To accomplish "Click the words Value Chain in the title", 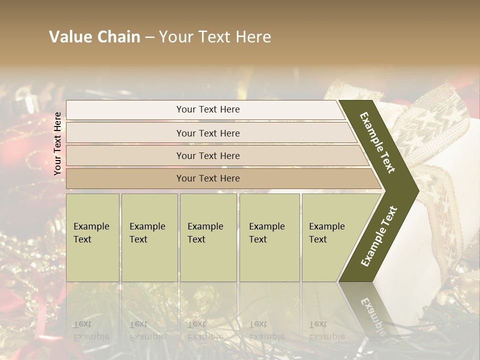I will (x=94, y=37).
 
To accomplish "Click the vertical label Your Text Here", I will (x=57, y=143).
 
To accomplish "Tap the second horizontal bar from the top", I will (x=208, y=133).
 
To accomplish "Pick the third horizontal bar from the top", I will (x=208, y=155).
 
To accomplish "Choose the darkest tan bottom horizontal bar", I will (x=208, y=178).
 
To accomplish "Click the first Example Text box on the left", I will (x=92, y=237).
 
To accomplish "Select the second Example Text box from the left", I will (x=149, y=237).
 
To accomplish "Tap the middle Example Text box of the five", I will (x=208, y=237).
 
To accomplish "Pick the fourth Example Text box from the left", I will (x=269, y=237).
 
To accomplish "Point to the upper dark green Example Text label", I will (x=377, y=142).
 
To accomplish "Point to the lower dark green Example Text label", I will (x=378, y=236).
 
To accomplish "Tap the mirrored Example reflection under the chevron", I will (x=372, y=314).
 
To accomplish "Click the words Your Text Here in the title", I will (x=215, y=37).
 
